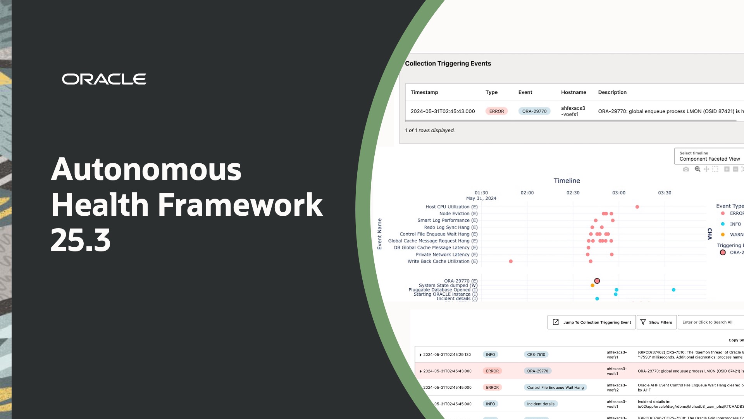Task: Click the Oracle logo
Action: click(x=104, y=79)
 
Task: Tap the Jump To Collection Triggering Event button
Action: click(x=591, y=322)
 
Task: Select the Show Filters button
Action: click(x=656, y=322)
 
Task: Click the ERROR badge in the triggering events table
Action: click(x=496, y=111)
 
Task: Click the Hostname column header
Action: click(x=573, y=92)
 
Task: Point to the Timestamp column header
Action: click(x=424, y=92)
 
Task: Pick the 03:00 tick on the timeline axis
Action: click(x=619, y=193)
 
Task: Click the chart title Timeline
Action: click(x=567, y=181)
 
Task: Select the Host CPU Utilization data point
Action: click(x=637, y=207)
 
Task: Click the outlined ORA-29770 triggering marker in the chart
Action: click(x=597, y=281)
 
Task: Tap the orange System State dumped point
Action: click(x=592, y=286)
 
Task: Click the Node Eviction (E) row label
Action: click(x=458, y=214)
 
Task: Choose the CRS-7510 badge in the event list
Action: click(x=536, y=355)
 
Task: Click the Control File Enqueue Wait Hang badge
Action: click(x=555, y=388)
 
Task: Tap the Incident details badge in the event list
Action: click(x=541, y=404)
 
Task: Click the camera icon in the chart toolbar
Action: click(x=686, y=169)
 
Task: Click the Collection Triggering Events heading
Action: click(x=448, y=64)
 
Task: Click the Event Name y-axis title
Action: click(x=380, y=234)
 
